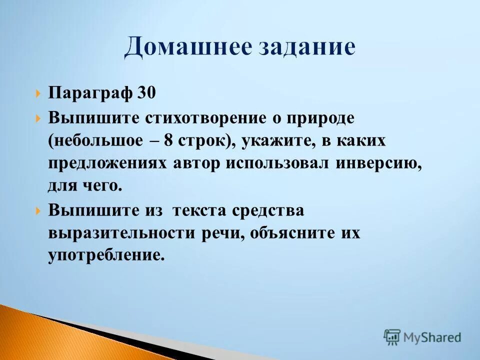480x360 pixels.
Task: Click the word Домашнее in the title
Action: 190,47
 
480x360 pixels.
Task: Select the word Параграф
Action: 90,92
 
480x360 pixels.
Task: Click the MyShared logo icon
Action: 392,337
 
